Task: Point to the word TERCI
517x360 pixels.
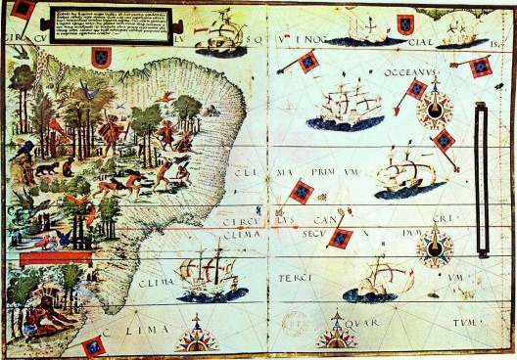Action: pos(306,277)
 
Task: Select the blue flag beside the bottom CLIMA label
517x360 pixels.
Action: pos(93,345)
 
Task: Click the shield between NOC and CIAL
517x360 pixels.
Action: pos(404,25)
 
